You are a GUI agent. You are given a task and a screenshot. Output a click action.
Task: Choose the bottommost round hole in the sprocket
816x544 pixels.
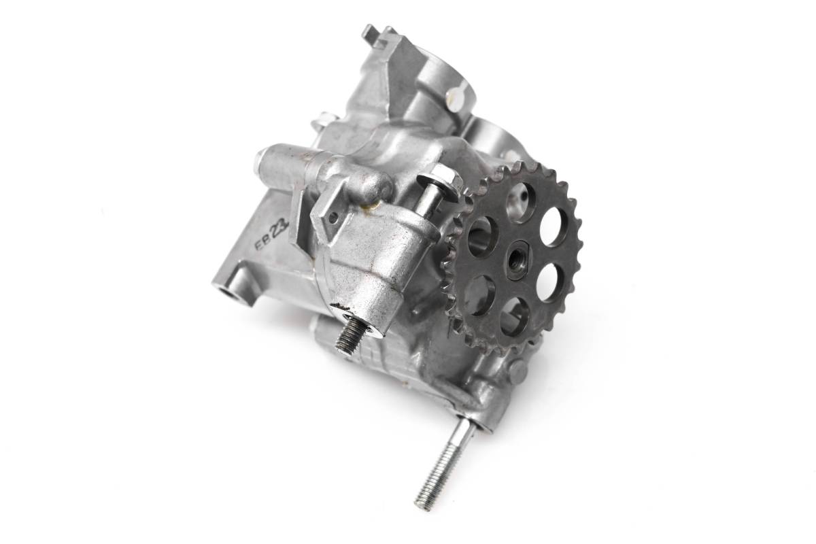click(514, 316)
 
